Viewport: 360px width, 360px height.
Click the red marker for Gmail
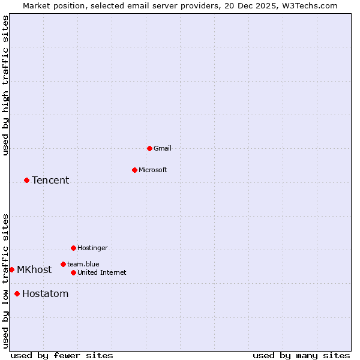click(x=149, y=148)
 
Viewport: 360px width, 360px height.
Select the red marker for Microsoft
click(x=134, y=170)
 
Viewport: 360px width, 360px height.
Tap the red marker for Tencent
click(x=26, y=180)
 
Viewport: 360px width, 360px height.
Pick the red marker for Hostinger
click(x=73, y=248)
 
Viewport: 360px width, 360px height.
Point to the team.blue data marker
click(x=63, y=264)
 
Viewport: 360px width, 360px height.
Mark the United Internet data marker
click(x=73, y=272)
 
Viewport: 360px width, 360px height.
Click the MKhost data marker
click(x=11, y=269)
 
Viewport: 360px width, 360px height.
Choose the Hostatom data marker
click(x=17, y=293)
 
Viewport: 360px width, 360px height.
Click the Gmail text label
click(x=163, y=148)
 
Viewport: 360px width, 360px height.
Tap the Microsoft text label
click(x=152, y=170)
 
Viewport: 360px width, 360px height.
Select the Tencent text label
click(x=50, y=180)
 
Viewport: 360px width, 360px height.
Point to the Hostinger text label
click(x=92, y=248)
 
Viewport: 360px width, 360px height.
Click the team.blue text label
click(x=83, y=264)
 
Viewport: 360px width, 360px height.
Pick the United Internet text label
click(x=101, y=272)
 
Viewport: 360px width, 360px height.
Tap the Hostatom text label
click(x=45, y=293)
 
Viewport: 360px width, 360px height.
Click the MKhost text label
click(x=34, y=269)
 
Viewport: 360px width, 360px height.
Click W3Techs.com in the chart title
click(x=310, y=5)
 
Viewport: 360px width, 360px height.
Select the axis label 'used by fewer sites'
click(x=62, y=355)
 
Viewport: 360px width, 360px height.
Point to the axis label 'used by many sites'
click(x=301, y=355)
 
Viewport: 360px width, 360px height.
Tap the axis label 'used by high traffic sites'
click(x=5, y=86)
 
